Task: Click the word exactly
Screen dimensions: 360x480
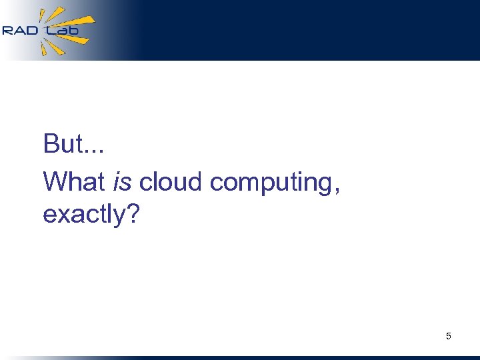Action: tap(83, 215)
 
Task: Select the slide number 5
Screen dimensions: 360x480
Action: tap(448, 336)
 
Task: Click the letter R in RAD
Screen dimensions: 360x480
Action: tap(8, 30)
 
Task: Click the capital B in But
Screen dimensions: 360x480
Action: tap(51, 144)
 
